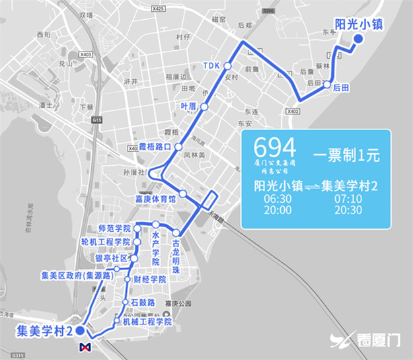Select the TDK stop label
[x=211, y=66]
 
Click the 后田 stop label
[x=341, y=87]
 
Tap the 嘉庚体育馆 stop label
[x=156, y=198]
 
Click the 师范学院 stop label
[x=114, y=228]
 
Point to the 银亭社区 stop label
[x=110, y=258]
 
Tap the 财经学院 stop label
[x=149, y=279]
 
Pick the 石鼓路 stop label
[x=143, y=302]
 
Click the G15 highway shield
[x=98, y=120]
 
